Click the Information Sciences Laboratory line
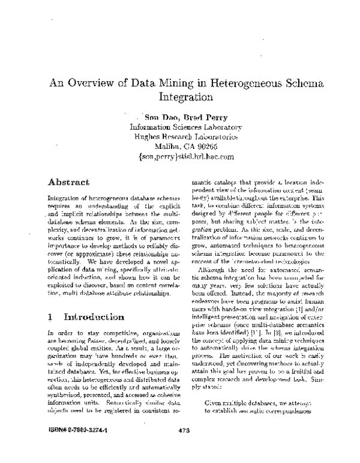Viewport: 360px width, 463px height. tap(185, 127)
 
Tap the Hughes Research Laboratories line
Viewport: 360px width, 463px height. tap(185, 136)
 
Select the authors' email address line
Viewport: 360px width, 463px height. tap(185, 156)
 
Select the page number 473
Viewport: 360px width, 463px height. tap(184, 447)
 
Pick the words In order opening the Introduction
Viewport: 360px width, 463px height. tap(59, 332)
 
